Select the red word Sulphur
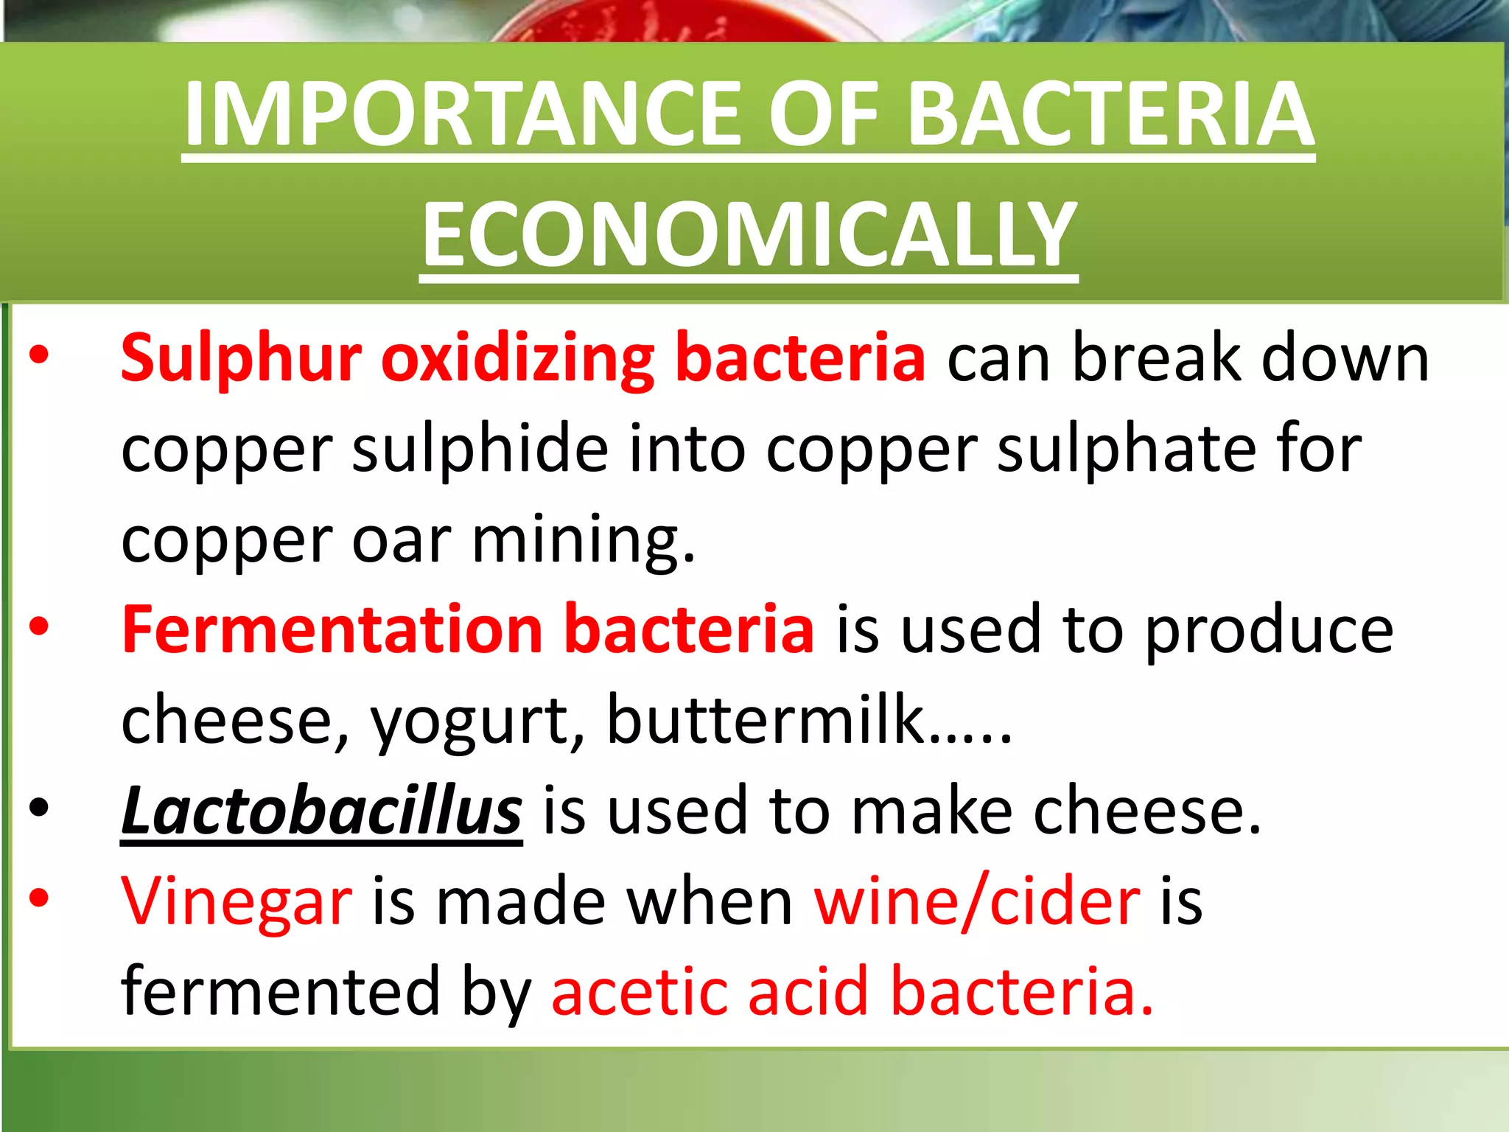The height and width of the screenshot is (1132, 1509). (x=241, y=359)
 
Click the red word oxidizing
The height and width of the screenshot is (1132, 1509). (x=518, y=359)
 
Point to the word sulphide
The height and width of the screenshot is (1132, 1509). (x=480, y=449)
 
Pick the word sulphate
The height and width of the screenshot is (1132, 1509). (x=1126, y=449)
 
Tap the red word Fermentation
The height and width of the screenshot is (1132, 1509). (x=332, y=629)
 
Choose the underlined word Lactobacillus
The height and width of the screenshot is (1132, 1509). (x=322, y=810)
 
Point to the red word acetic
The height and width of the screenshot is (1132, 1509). (x=638, y=991)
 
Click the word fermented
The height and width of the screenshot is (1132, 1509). (x=281, y=991)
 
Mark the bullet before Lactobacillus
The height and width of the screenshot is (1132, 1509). (x=39, y=808)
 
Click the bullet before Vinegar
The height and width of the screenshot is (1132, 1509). (x=39, y=898)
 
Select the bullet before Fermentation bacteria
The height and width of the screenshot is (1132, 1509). (x=39, y=627)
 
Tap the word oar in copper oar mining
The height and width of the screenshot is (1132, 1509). (x=401, y=540)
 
